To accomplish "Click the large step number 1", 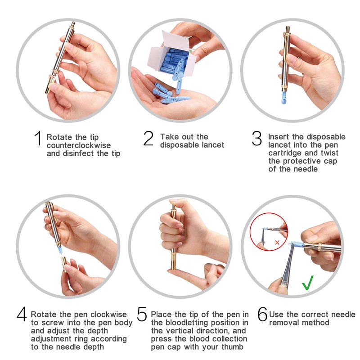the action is pyautogui.click(x=38, y=138).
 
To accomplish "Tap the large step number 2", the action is pyautogui.click(x=148, y=138).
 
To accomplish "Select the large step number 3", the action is pyautogui.click(x=256, y=138).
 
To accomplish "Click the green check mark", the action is pyautogui.click(x=308, y=283).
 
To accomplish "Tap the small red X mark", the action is pyautogui.click(x=277, y=242).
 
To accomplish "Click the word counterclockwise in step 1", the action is pyautogui.click(x=79, y=145).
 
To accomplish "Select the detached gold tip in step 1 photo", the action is pyautogui.click(x=50, y=85).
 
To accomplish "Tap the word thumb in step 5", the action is pyautogui.click(x=232, y=346).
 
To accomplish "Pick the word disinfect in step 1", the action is pyautogui.click(x=78, y=153).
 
